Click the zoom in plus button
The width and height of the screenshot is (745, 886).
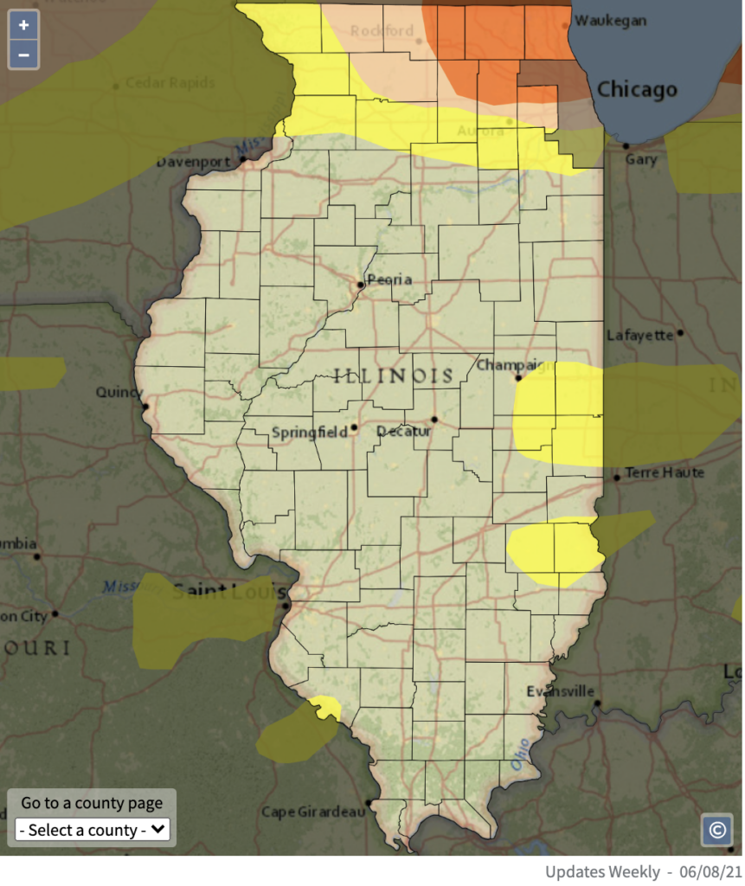tap(23, 25)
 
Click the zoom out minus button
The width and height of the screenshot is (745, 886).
tap(23, 55)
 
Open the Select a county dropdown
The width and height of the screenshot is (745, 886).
tap(93, 830)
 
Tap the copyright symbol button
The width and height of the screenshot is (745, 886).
tap(717, 830)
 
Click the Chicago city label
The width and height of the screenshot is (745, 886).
tap(637, 90)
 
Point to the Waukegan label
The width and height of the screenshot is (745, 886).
tap(611, 21)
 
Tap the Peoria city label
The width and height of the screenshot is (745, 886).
tap(389, 279)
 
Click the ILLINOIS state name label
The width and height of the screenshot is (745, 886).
tap(394, 376)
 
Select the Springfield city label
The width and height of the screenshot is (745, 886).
tap(309, 432)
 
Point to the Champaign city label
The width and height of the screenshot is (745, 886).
tap(514, 365)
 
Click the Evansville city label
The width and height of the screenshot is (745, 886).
tap(561, 691)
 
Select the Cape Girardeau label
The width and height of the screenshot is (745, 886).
tap(312, 812)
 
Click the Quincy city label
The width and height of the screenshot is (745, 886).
tap(119, 392)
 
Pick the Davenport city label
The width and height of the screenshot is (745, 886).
tap(193, 162)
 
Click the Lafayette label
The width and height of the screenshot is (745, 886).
tap(640, 335)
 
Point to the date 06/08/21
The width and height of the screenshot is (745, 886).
tap(714, 871)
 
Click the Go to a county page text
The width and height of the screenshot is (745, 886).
tap(92, 803)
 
